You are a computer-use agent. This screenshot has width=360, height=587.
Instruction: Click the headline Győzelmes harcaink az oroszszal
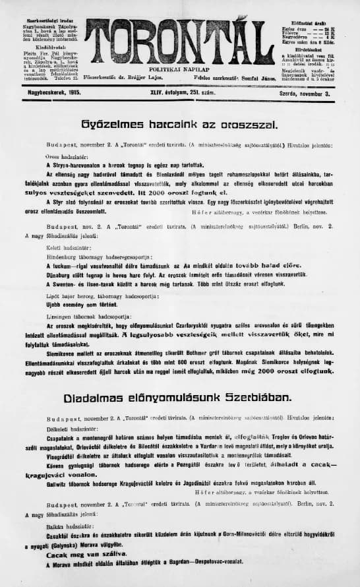click(179, 123)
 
